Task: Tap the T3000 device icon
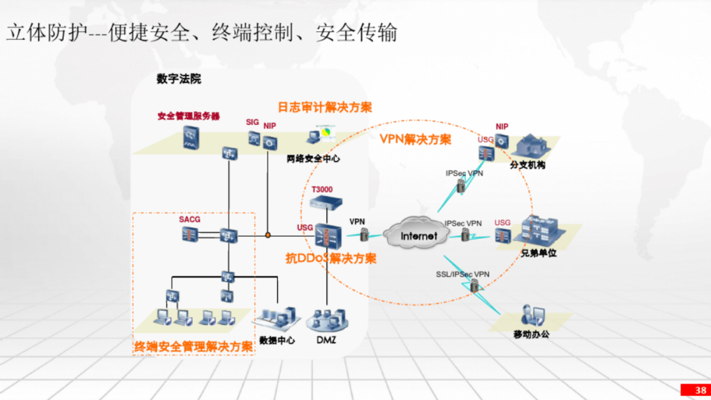click(x=326, y=203)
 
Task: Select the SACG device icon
click(x=190, y=235)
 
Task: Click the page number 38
click(x=700, y=390)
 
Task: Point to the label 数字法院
click(x=178, y=79)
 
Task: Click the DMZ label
click(x=326, y=339)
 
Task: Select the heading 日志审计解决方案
click(x=325, y=107)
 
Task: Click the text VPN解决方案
click(x=415, y=139)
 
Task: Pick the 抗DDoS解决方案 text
click(x=331, y=258)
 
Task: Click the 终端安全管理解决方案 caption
click(x=194, y=347)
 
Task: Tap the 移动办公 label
click(x=531, y=334)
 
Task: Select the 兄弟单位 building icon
click(x=541, y=232)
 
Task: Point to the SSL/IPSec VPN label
click(x=463, y=274)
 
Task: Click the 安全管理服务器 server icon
click(x=191, y=137)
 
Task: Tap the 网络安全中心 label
click(x=313, y=159)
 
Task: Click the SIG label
click(x=253, y=122)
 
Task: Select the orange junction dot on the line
click(x=268, y=235)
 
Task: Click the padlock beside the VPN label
click(x=364, y=234)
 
